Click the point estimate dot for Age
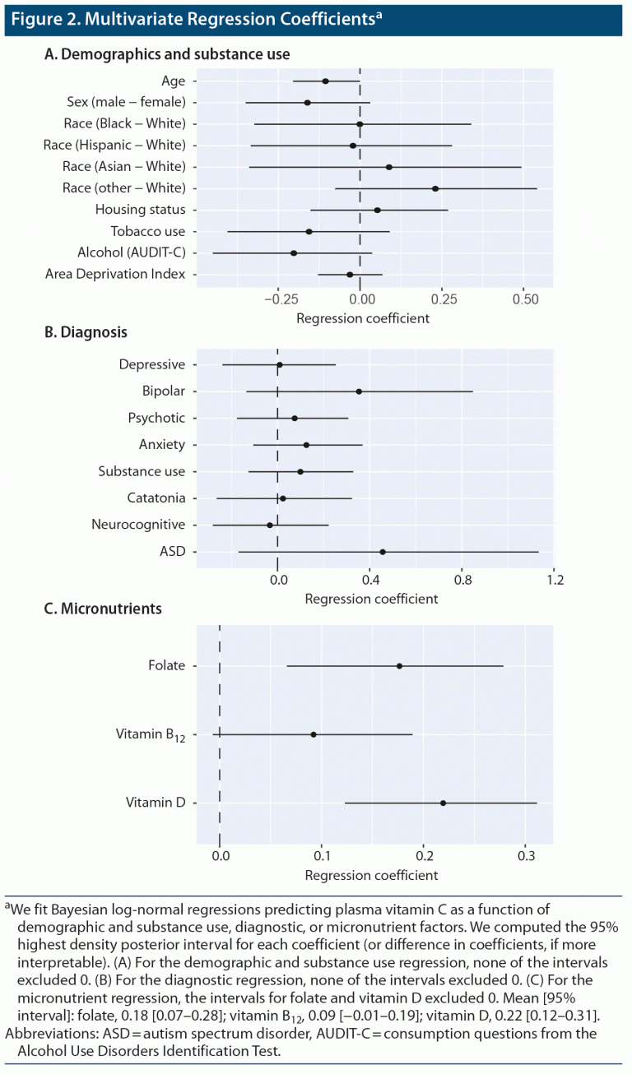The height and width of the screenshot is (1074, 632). [326, 81]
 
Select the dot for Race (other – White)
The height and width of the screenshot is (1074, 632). [435, 188]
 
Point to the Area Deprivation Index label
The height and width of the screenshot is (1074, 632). [115, 274]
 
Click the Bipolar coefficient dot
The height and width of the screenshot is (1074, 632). [359, 391]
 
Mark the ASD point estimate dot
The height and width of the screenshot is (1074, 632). [383, 552]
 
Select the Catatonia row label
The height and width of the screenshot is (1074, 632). [156, 498]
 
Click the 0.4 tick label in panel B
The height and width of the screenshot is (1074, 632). [370, 581]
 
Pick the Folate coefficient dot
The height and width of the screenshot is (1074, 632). [400, 666]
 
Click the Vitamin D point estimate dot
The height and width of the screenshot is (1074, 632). [443, 803]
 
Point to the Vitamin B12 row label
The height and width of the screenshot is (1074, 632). [151, 734]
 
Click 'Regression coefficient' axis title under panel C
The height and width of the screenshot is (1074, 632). [371, 875]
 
